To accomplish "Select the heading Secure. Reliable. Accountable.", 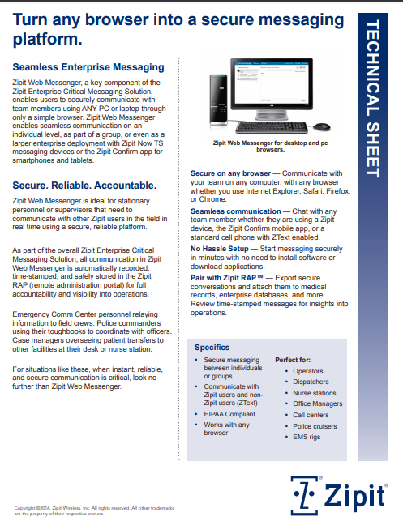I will coord(84,186).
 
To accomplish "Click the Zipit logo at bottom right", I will coord(345,493).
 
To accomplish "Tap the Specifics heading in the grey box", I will coord(212,347).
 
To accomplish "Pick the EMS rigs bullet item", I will coord(307,437).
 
